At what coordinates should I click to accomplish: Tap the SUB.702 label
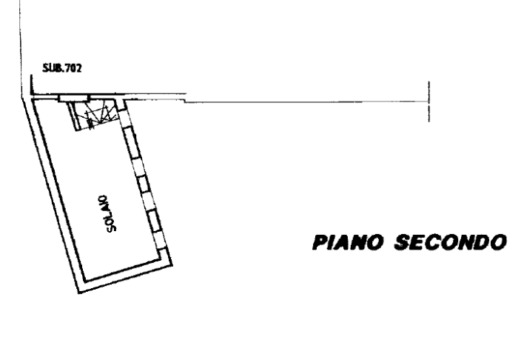click(62, 68)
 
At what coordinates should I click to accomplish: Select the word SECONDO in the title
click(451, 242)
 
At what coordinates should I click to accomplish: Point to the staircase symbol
click(95, 115)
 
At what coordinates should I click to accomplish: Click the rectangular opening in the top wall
click(74, 99)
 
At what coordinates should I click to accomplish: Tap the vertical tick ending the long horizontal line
click(429, 101)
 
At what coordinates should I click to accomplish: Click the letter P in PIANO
click(320, 242)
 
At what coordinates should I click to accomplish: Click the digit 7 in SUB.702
click(68, 68)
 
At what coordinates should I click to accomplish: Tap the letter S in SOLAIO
click(112, 227)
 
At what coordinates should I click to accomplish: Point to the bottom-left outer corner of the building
click(78, 293)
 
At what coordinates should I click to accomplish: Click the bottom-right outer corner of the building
click(172, 264)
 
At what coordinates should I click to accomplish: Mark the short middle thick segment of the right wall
click(144, 184)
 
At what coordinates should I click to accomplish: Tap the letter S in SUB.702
click(46, 68)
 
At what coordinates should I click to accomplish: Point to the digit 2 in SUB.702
click(78, 68)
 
